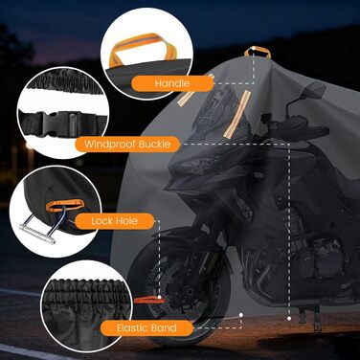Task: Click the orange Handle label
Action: [172, 83]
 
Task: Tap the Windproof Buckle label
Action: [127, 145]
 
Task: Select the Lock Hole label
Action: [114, 221]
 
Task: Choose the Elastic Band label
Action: [146, 328]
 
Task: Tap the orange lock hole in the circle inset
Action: [65, 205]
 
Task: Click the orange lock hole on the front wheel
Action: [149, 300]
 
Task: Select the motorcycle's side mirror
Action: [313, 89]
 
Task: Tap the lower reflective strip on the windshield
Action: [237, 113]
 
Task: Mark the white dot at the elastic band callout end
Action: [241, 315]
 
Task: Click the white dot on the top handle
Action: [254, 49]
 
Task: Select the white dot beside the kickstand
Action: [289, 318]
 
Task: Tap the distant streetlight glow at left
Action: [30, 147]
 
